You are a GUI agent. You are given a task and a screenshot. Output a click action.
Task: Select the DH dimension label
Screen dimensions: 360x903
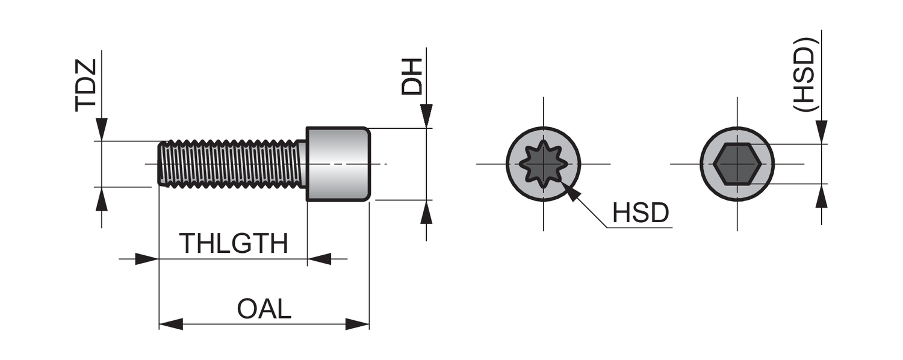[412, 76]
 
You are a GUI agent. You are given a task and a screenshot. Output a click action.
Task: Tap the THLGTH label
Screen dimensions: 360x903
[234, 244]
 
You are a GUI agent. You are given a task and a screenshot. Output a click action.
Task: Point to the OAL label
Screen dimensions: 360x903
[264, 309]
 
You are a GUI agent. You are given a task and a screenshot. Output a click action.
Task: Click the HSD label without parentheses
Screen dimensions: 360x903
[641, 213]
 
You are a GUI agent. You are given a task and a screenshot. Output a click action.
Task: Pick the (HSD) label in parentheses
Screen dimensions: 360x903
[804, 74]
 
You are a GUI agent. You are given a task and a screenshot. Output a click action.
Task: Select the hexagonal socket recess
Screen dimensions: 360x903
[737, 164]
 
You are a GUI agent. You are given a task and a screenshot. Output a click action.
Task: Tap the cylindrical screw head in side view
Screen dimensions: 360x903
[338, 164]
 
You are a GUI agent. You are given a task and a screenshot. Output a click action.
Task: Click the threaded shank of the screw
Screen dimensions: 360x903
[232, 164]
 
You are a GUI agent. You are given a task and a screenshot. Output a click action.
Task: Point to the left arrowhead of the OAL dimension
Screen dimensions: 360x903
[170, 324]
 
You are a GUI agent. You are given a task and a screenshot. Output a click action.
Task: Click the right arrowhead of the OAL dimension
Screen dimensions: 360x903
[358, 324]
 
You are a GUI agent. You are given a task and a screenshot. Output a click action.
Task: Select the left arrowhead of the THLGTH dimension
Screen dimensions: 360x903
[147, 259]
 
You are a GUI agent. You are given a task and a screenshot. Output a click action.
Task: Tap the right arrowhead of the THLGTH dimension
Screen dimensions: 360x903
[319, 259]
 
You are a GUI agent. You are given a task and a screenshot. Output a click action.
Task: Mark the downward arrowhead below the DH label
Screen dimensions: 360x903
[426, 116]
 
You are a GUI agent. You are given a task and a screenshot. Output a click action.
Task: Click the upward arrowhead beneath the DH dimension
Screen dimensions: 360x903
[426, 212]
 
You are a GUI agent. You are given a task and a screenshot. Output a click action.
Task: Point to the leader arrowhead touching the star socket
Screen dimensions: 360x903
[573, 193]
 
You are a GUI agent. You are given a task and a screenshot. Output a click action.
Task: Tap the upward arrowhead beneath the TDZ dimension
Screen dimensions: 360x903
[102, 199]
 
